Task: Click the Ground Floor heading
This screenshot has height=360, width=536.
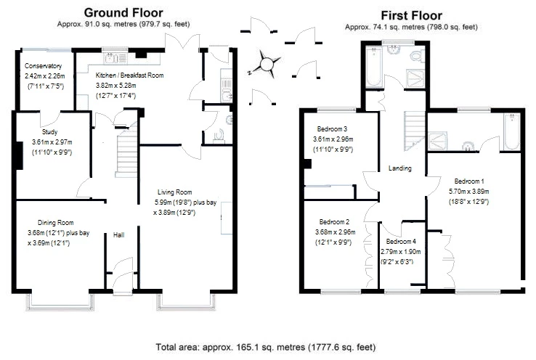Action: click(x=123, y=12)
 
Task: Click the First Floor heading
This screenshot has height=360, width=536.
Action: click(x=411, y=15)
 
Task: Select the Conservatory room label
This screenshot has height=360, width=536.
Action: click(x=43, y=66)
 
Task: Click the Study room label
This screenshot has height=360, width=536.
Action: click(x=49, y=132)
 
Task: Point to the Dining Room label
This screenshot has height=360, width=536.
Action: click(x=55, y=223)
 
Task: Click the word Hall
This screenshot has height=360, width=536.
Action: click(x=118, y=235)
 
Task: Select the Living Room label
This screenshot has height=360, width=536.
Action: click(x=175, y=192)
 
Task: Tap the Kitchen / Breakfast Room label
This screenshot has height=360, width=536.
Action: click(x=129, y=75)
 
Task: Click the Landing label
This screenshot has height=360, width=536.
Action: click(x=400, y=168)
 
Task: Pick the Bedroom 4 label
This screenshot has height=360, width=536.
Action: click(x=401, y=242)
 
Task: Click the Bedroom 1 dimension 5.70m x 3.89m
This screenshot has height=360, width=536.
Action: click(x=468, y=192)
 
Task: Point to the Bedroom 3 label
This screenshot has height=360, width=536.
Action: click(x=332, y=128)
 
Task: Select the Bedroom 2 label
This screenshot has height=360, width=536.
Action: click(x=334, y=221)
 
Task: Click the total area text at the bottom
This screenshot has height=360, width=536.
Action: click(x=266, y=348)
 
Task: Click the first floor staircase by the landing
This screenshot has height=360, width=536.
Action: click(x=415, y=131)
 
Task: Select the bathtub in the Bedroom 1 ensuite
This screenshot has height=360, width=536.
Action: click(x=512, y=131)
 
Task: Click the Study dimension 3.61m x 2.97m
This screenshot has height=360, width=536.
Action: click(x=52, y=142)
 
